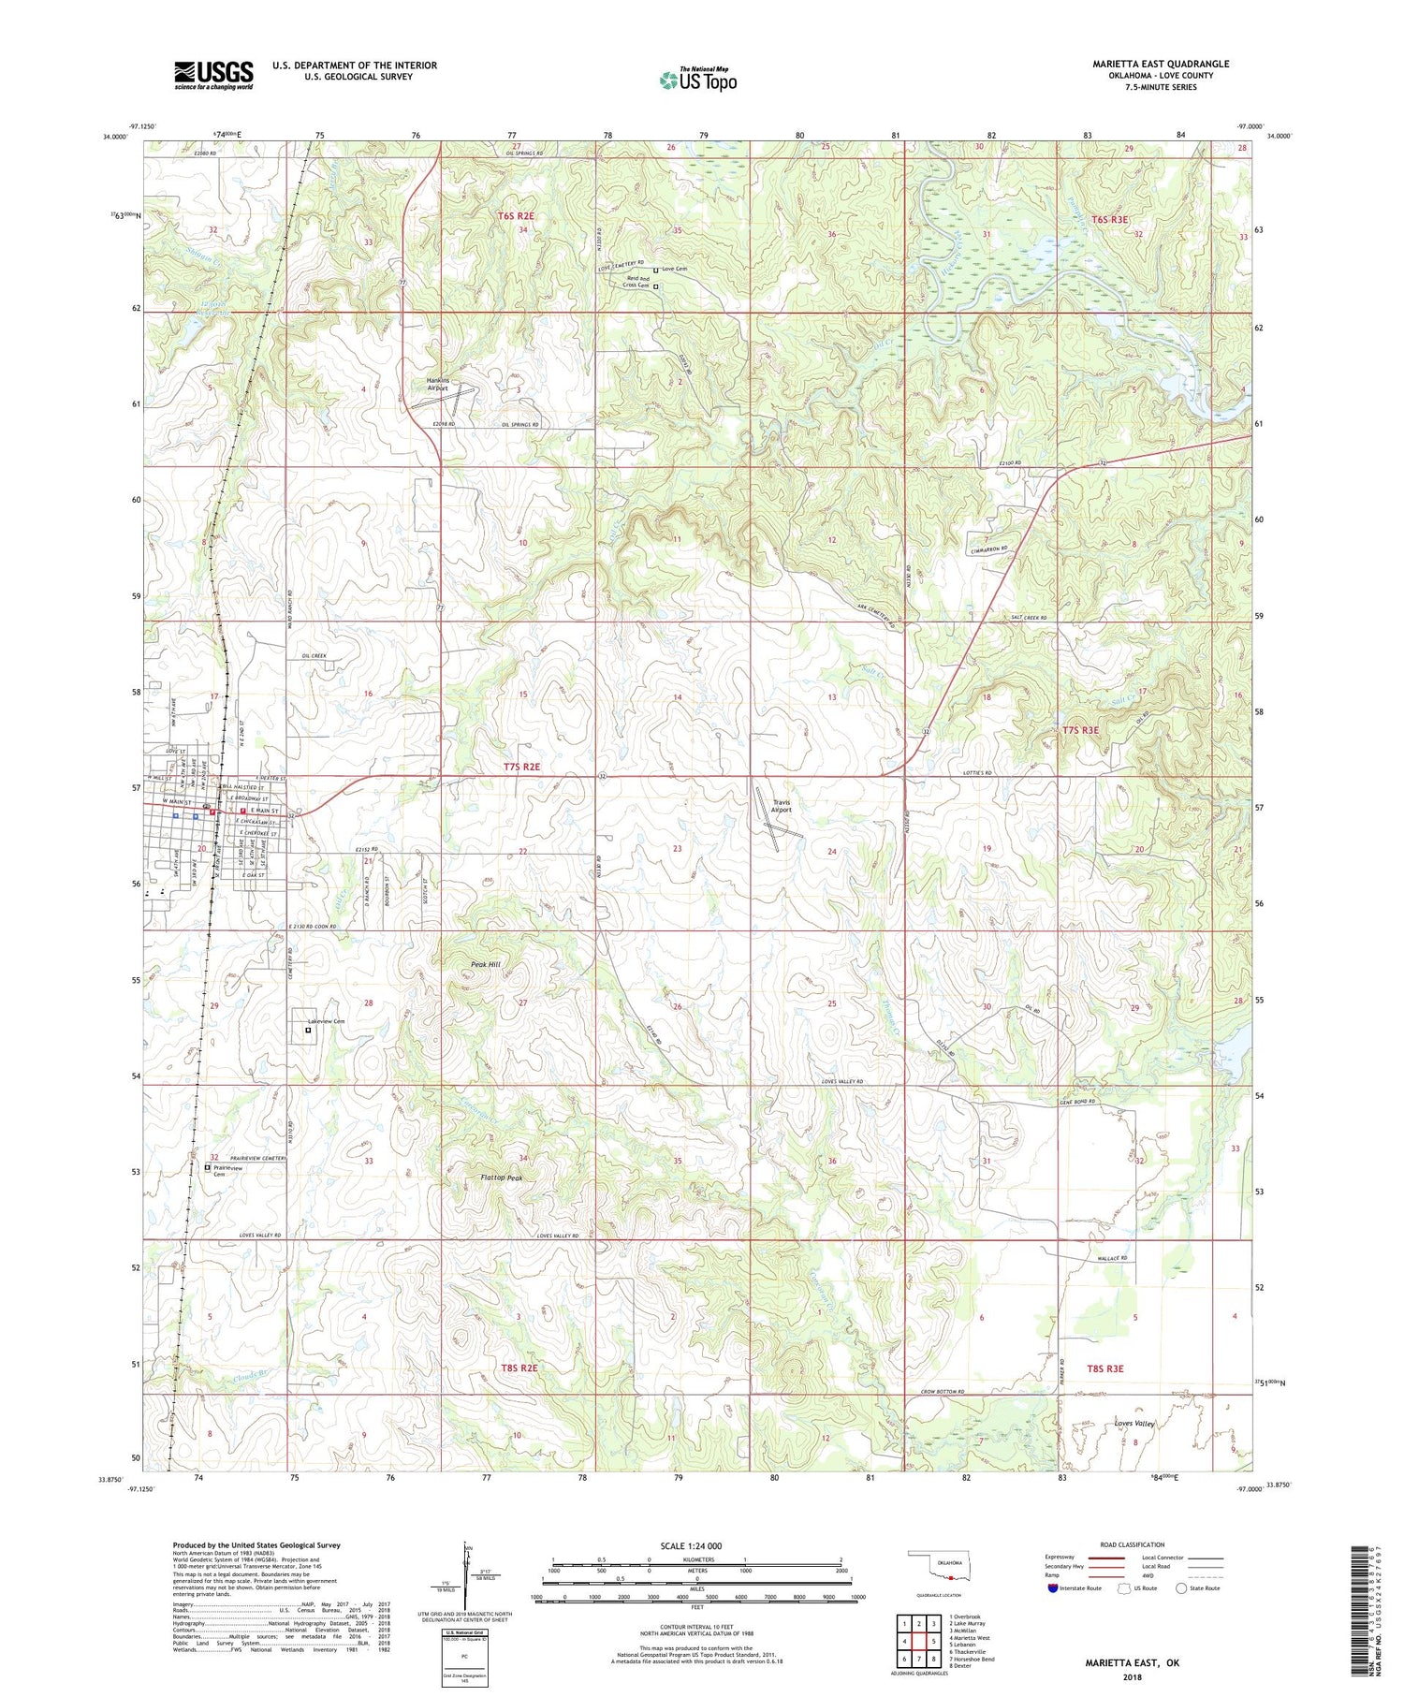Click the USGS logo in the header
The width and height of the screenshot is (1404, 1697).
[x=213, y=75]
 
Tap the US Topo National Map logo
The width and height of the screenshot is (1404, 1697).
[x=697, y=80]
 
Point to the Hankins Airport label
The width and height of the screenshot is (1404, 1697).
[x=438, y=384]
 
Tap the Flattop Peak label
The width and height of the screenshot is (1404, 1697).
[x=501, y=1178]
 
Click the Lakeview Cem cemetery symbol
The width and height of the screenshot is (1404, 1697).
[x=308, y=1031]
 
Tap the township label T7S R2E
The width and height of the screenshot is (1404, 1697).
[x=521, y=767]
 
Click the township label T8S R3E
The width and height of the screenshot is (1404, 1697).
[x=1104, y=1368]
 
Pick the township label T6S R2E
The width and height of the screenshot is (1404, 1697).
[x=516, y=216]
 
